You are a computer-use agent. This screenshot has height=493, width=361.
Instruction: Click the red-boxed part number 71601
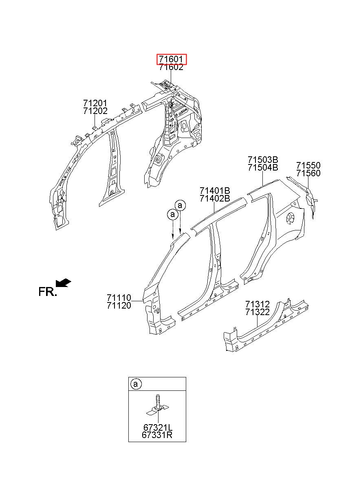171,59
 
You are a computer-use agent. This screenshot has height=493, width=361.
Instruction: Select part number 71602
171,67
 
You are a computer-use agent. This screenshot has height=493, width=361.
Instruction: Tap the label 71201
95,103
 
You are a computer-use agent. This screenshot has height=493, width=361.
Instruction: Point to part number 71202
95,111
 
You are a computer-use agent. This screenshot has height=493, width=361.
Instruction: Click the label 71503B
263,160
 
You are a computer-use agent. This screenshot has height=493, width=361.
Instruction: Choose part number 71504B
263,167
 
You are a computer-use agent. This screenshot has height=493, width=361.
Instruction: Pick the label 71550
308,165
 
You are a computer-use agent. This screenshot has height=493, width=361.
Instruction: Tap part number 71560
308,173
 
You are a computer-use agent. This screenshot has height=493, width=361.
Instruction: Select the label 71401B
215,191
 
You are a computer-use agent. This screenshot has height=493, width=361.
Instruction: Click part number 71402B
215,199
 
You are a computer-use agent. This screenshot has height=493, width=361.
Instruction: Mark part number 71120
119,305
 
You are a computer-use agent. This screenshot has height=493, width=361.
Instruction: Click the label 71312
258,304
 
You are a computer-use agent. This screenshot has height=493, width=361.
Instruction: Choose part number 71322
258,312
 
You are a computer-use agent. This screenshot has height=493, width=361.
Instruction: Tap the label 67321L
158,427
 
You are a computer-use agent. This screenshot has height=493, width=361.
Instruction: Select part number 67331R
157,435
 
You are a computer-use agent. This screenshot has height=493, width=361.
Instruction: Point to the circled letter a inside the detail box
136,384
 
